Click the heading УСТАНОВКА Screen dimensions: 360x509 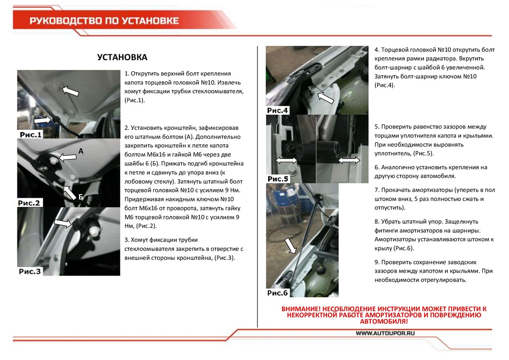pyautogui.click(x=122, y=57)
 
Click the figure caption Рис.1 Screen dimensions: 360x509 pyautogui.click(x=31, y=135)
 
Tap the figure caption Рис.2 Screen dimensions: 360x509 pyautogui.click(x=29, y=203)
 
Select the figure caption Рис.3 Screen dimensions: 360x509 pyautogui.click(x=30, y=271)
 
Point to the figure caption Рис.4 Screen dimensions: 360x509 pyautogui.click(x=278, y=110)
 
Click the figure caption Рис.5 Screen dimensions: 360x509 pyautogui.click(x=278, y=179)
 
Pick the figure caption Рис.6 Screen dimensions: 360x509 pyautogui.click(x=278, y=293)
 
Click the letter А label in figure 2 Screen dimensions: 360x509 pyautogui.click(x=81, y=150)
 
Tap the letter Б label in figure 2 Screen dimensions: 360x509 pyautogui.click(x=81, y=197)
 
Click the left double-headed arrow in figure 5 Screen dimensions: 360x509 pyautogui.click(x=286, y=160)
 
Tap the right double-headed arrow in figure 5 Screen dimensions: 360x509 pyautogui.click(x=349, y=160)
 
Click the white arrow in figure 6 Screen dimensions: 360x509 pyautogui.click(x=290, y=245)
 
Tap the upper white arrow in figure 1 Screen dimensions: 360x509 pyautogui.click(x=70, y=90)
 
